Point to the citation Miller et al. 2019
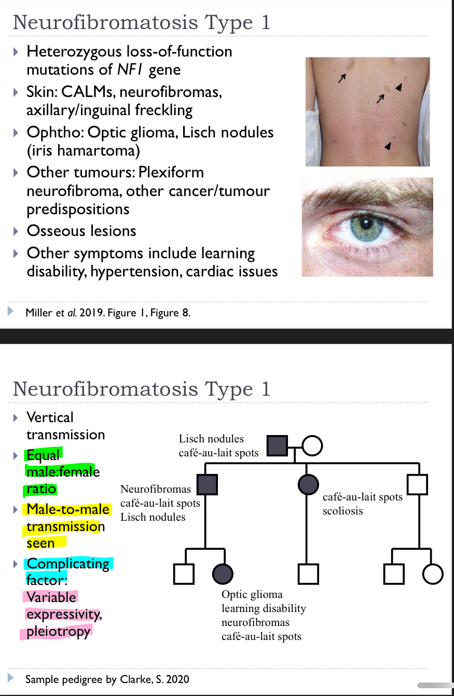tap(63, 313)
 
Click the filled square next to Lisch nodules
tap(277, 445)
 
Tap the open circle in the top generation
tap(312, 445)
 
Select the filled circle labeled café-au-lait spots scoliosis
tap(308, 484)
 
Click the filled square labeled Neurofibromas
tap(207, 484)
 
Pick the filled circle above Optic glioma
tap(223, 574)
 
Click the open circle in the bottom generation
tap(433, 574)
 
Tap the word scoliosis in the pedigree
tap(342, 511)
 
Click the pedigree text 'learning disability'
tap(264, 608)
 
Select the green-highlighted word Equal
tap(43, 455)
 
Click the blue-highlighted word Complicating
tap(68, 564)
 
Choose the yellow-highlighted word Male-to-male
tap(68, 509)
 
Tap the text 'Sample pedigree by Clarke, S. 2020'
tap(107, 679)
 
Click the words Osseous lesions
tap(81, 231)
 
